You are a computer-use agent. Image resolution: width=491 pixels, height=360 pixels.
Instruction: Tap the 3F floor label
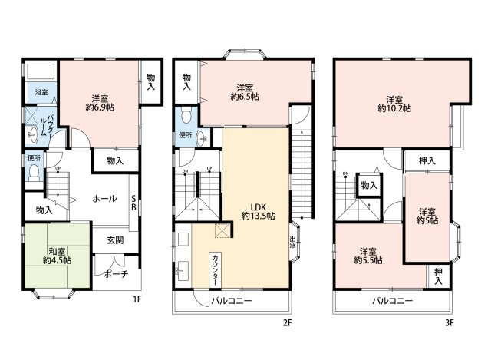(450, 323)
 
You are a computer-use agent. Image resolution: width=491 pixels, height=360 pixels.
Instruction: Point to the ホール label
(104, 199)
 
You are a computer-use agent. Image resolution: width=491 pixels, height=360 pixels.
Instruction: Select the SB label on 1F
(133, 203)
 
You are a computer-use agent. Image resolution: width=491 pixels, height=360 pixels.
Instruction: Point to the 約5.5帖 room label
(367, 256)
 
